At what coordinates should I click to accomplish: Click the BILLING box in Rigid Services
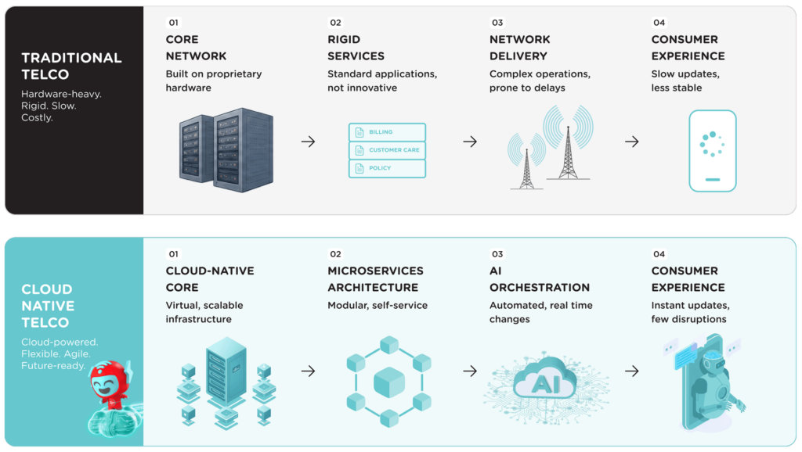tap(387, 132)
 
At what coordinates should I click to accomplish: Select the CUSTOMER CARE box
tap(387, 150)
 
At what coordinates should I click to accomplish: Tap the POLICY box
tap(387, 169)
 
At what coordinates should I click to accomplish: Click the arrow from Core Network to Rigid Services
tap(308, 142)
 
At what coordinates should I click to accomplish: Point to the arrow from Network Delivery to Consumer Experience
tap(632, 142)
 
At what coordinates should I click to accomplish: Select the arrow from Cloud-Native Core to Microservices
tap(308, 371)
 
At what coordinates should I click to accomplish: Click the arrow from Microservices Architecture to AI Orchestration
tap(470, 371)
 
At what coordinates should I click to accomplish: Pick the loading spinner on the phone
tap(712, 144)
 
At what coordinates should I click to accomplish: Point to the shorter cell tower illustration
tap(526, 161)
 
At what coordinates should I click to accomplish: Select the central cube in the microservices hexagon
tap(389, 382)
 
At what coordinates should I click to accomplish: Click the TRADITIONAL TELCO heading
tap(71, 66)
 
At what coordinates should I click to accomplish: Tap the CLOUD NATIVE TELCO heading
tap(48, 306)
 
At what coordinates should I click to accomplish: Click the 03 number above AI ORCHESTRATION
tap(497, 254)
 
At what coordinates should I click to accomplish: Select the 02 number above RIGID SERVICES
tap(335, 23)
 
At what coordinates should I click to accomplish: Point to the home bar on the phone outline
tap(713, 180)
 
